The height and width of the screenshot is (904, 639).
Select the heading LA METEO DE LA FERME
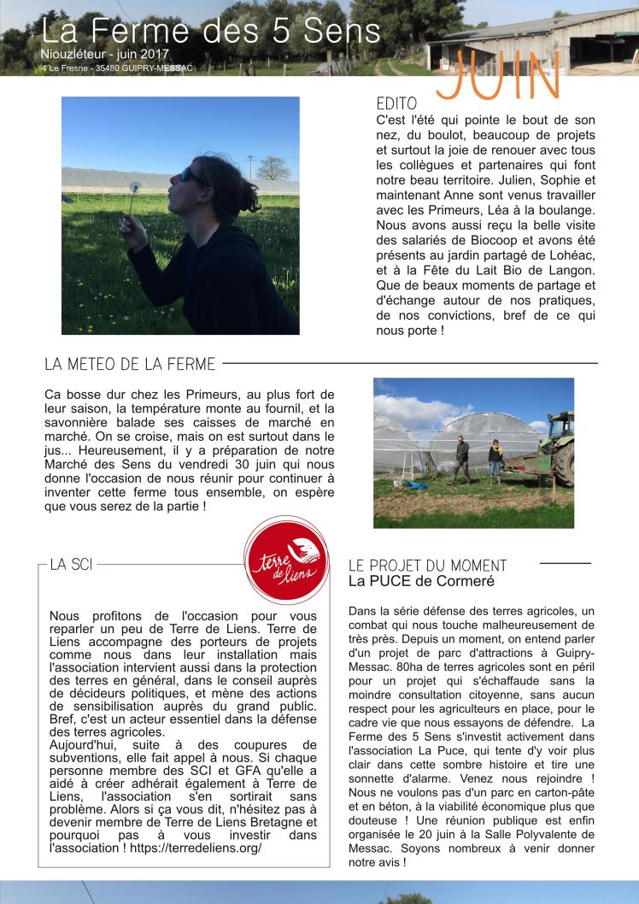point(130,365)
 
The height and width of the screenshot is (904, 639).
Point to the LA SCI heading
point(72,565)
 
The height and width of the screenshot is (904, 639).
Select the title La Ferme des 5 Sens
point(210,32)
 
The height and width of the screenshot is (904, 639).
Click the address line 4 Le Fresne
point(67,68)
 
